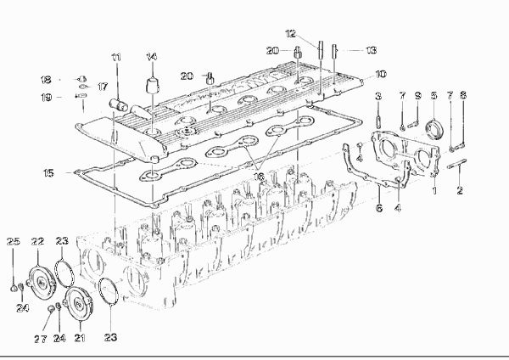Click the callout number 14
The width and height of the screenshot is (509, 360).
(x=151, y=57)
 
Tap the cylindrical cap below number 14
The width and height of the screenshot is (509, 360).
(x=152, y=85)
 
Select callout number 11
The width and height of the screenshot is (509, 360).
(x=116, y=58)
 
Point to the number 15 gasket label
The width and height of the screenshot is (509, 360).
(x=48, y=173)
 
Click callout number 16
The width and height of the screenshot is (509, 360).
(x=259, y=177)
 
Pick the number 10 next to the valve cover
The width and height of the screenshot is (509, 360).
(x=381, y=74)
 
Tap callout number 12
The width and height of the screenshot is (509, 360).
(x=291, y=33)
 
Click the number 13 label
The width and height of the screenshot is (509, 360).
(x=371, y=50)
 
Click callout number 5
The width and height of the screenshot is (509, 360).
(x=434, y=96)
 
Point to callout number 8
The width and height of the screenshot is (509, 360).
(x=463, y=95)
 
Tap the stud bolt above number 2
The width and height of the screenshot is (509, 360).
(x=457, y=164)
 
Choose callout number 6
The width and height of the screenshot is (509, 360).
(x=379, y=208)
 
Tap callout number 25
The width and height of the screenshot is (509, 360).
(x=14, y=241)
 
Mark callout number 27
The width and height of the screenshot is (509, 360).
(x=40, y=340)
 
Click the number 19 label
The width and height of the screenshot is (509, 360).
(x=47, y=97)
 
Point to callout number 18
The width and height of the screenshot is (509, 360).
(x=46, y=80)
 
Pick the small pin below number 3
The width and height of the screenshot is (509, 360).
(x=378, y=121)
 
